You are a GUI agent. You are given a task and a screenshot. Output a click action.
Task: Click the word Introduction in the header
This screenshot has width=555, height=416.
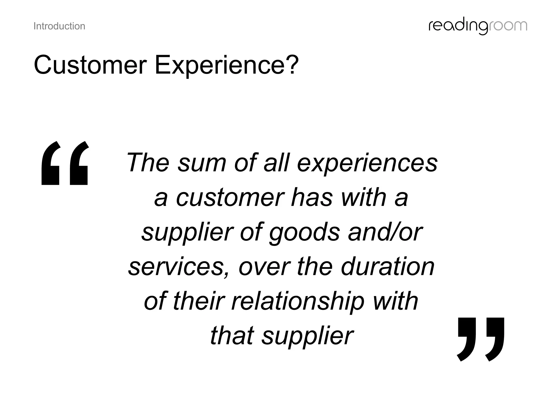click(x=59, y=26)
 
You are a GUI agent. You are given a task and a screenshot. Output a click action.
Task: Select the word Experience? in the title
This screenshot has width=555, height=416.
click(x=227, y=65)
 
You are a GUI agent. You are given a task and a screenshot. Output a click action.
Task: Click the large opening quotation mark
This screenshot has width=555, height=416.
click(x=65, y=163)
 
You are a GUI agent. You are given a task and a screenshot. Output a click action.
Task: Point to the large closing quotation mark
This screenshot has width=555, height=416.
click(x=480, y=339)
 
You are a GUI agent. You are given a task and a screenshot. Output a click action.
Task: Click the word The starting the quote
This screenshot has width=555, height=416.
click(x=148, y=162)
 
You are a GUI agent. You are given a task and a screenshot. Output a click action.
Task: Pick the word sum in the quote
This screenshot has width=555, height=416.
click(x=202, y=163)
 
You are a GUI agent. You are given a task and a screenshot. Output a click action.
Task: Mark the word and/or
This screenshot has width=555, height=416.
click(x=385, y=232)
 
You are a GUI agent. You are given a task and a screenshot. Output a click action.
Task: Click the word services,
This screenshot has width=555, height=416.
click(x=179, y=267)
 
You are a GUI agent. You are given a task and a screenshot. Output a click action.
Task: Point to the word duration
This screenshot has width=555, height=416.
click(x=388, y=266)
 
